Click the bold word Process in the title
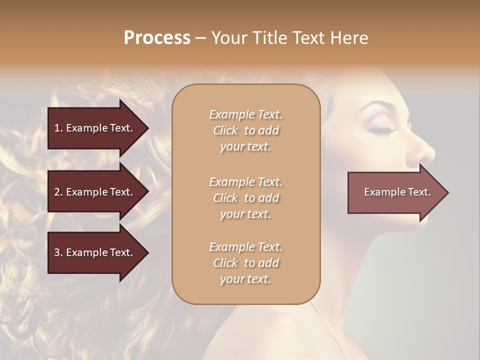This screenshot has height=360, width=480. (157, 38)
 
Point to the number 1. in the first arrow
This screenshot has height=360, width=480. (58, 128)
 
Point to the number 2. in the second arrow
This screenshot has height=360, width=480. (58, 192)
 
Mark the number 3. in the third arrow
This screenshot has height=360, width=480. (58, 252)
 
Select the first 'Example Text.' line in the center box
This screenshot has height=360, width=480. (245, 114)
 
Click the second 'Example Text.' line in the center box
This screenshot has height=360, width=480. (245, 182)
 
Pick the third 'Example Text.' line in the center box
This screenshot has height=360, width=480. (245, 247)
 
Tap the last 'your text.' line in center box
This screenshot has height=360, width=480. (245, 279)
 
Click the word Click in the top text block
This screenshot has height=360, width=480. (225, 130)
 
